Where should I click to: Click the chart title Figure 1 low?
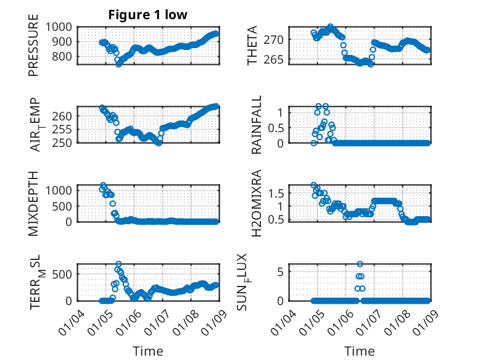point(147,14)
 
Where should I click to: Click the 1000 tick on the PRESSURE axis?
point(59,27)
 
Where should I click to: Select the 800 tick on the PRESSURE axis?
point(62,56)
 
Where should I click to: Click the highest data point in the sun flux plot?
point(360,264)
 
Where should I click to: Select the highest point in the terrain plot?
point(118,264)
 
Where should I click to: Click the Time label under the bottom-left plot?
point(148,351)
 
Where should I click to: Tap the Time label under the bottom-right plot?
point(359,351)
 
